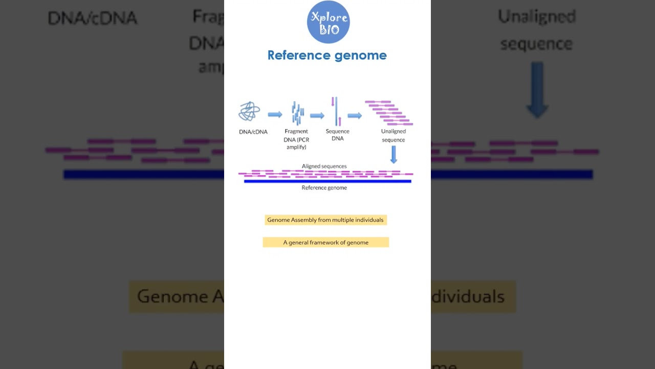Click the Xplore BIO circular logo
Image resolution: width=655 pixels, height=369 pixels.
click(328, 22)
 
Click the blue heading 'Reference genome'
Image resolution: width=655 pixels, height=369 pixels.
click(327, 55)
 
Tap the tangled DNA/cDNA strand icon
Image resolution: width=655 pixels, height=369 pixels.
click(250, 112)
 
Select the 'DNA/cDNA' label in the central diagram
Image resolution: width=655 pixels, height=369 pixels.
click(253, 132)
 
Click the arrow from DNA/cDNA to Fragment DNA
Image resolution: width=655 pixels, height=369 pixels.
click(275, 114)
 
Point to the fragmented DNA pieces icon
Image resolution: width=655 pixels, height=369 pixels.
click(297, 113)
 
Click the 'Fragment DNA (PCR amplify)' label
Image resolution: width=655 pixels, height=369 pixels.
click(296, 139)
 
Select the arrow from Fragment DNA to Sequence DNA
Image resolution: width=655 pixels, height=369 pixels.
click(317, 115)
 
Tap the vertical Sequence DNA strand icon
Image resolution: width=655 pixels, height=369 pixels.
click(336, 111)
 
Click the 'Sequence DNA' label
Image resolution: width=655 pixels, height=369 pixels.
click(338, 135)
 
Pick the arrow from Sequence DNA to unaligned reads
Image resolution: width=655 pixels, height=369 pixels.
click(355, 115)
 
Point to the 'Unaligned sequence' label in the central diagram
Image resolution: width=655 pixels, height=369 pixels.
click(393, 135)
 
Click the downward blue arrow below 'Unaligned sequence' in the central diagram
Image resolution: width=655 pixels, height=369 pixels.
click(394, 155)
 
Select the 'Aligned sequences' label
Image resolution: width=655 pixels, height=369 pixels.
click(324, 166)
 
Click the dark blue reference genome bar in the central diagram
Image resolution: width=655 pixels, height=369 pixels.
click(327, 181)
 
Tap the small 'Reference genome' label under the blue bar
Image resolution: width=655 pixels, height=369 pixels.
click(324, 188)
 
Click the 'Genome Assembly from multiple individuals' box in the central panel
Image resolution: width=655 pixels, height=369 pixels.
click(325, 220)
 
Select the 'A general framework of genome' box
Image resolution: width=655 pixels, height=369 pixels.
click(326, 242)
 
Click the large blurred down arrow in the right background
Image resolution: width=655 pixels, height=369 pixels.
click(537, 90)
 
